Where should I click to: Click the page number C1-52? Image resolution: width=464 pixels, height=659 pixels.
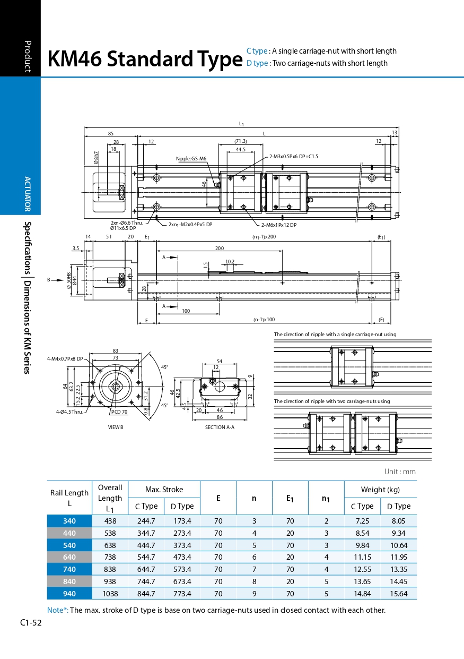point(31,622)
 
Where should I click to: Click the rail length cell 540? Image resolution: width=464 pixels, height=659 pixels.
point(69,545)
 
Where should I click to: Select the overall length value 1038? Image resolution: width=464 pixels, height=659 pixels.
point(110,594)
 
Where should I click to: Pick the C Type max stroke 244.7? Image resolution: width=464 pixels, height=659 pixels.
point(146,521)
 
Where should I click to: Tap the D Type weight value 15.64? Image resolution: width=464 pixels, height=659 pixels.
point(398,594)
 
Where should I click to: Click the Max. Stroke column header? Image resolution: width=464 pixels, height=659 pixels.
point(164,490)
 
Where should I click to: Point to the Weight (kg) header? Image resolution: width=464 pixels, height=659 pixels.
point(380,490)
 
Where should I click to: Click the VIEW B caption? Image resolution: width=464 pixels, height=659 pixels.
point(116,427)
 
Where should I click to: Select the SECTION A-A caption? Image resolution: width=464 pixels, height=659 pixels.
point(220,427)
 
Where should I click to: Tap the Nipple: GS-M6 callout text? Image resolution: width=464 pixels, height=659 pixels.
point(191,159)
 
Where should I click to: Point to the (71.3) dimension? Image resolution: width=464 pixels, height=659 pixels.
point(241,141)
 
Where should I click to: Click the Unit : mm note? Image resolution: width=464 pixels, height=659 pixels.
point(400,472)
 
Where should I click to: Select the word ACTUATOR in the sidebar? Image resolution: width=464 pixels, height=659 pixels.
point(28,194)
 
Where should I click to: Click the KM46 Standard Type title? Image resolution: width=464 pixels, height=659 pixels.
point(145,59)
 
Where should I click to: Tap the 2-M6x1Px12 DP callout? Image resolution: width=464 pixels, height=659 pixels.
point(278,225)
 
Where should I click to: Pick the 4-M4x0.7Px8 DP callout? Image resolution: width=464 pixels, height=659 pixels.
point(65,358)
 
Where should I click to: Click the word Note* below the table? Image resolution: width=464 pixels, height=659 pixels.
point(58,610)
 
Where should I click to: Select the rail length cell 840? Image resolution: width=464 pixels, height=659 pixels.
point(69,581)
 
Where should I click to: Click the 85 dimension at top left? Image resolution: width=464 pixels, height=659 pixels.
point(111,134)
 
